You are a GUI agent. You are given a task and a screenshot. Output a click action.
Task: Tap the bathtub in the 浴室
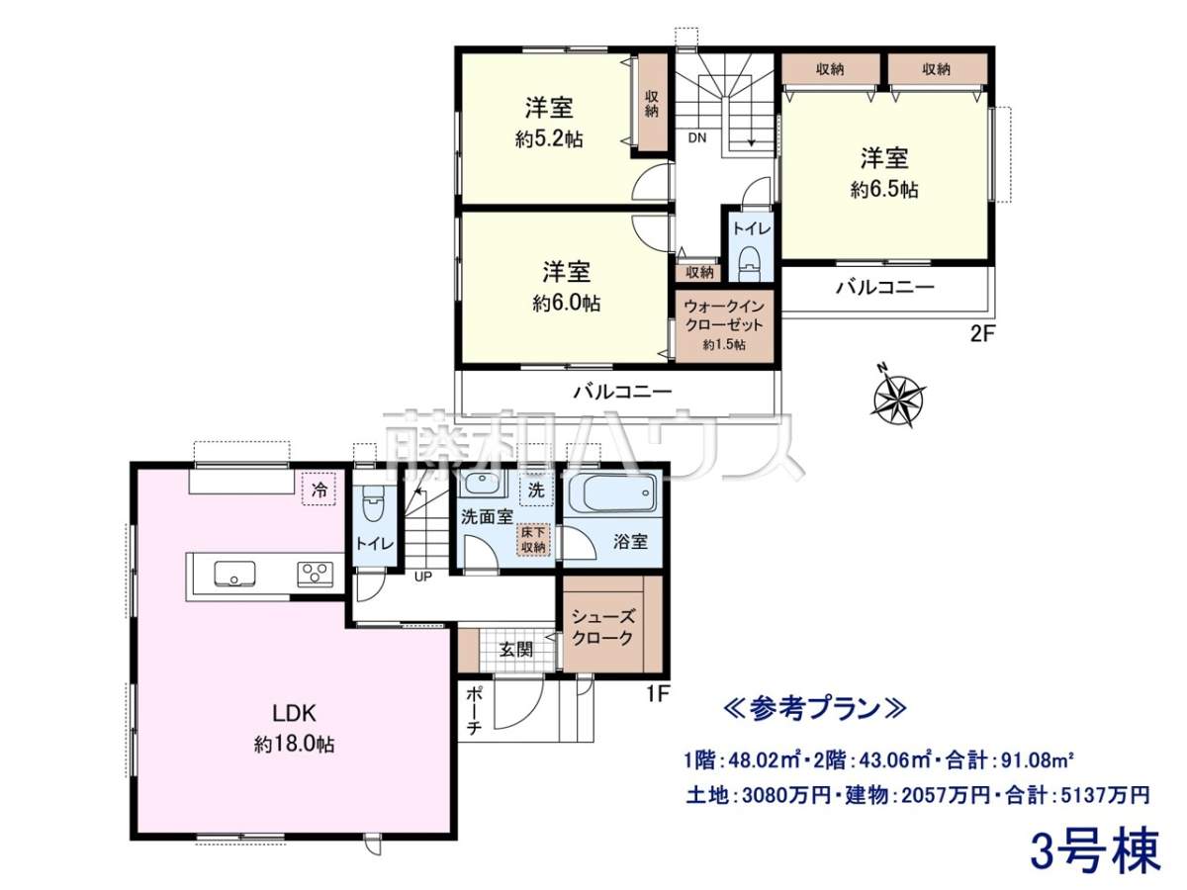[611, 492]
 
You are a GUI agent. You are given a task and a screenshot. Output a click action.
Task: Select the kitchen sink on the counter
[234, 573]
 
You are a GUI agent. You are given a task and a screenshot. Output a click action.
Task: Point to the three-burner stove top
[315, 574]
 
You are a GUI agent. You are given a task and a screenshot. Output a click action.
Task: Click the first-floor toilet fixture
[371, 501]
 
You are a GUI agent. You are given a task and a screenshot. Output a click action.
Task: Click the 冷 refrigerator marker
[320, 489]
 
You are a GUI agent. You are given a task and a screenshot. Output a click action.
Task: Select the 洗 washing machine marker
[536, 489]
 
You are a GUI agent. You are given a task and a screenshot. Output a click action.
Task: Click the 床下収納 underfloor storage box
[533, 539]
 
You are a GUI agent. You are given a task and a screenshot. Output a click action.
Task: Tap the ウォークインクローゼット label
[724, 315]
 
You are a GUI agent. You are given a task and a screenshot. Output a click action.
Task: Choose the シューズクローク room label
[602, 627]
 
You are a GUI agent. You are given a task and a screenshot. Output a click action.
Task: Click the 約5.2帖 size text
[549, 140]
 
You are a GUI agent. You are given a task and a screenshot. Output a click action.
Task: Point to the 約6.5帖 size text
[884, 190]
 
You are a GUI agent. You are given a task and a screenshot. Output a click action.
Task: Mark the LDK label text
[293, 713]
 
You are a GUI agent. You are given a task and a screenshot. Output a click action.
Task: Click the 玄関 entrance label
[516, 649]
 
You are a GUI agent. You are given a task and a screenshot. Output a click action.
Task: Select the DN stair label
[697, 137]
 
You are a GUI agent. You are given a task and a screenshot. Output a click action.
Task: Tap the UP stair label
[423, 578]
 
